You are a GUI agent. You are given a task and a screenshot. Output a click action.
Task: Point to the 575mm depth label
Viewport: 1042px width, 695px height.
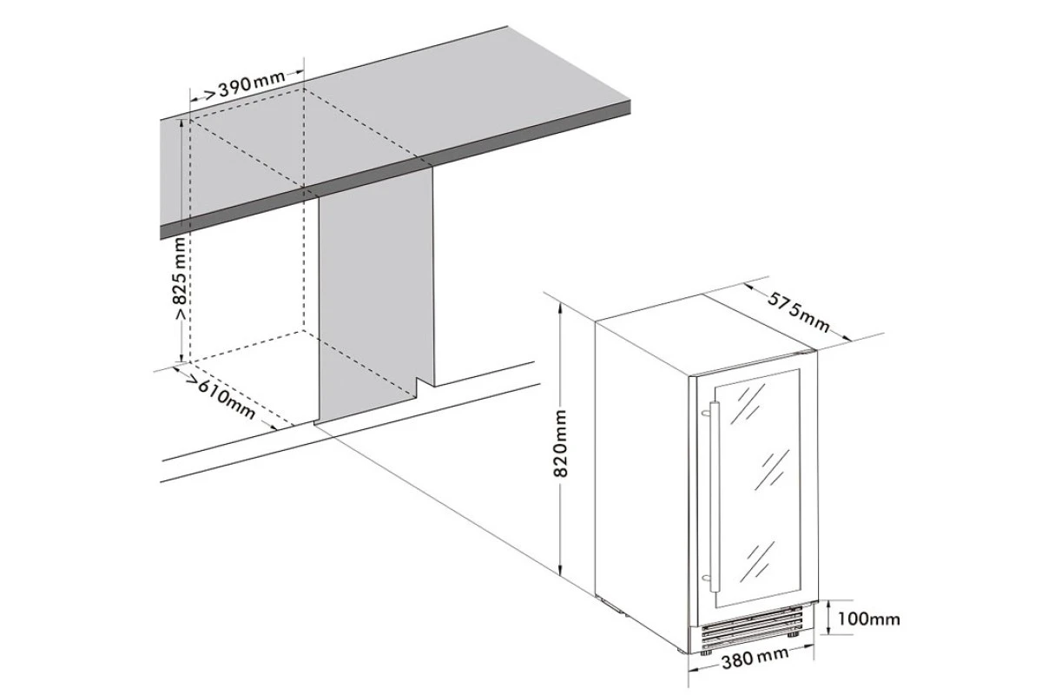pyautogui.click(x=798, y=312)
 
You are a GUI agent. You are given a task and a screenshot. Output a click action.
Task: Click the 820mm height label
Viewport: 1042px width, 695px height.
pyautogui.click(x=561, y=444)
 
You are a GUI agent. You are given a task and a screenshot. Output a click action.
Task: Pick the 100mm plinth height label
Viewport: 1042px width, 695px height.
pyautogui.click(x=868, y=619)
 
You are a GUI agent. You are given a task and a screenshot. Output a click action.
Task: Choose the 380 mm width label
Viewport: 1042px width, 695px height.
pyautogui.click(x=755, y=657)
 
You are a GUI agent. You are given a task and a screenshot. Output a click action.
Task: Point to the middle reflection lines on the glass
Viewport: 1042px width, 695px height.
pyautogui.click(x=772, y=470)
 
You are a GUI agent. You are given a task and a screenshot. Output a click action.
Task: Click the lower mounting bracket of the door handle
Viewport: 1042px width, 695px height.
pyautogui.click(x=707, y=579)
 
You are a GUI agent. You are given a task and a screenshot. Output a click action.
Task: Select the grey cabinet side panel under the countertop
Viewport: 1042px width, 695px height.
pyautogui.click(x=376, y=295)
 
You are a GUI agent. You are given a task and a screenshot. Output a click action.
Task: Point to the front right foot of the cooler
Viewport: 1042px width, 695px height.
pyautogui.click(x=791, y=634)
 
